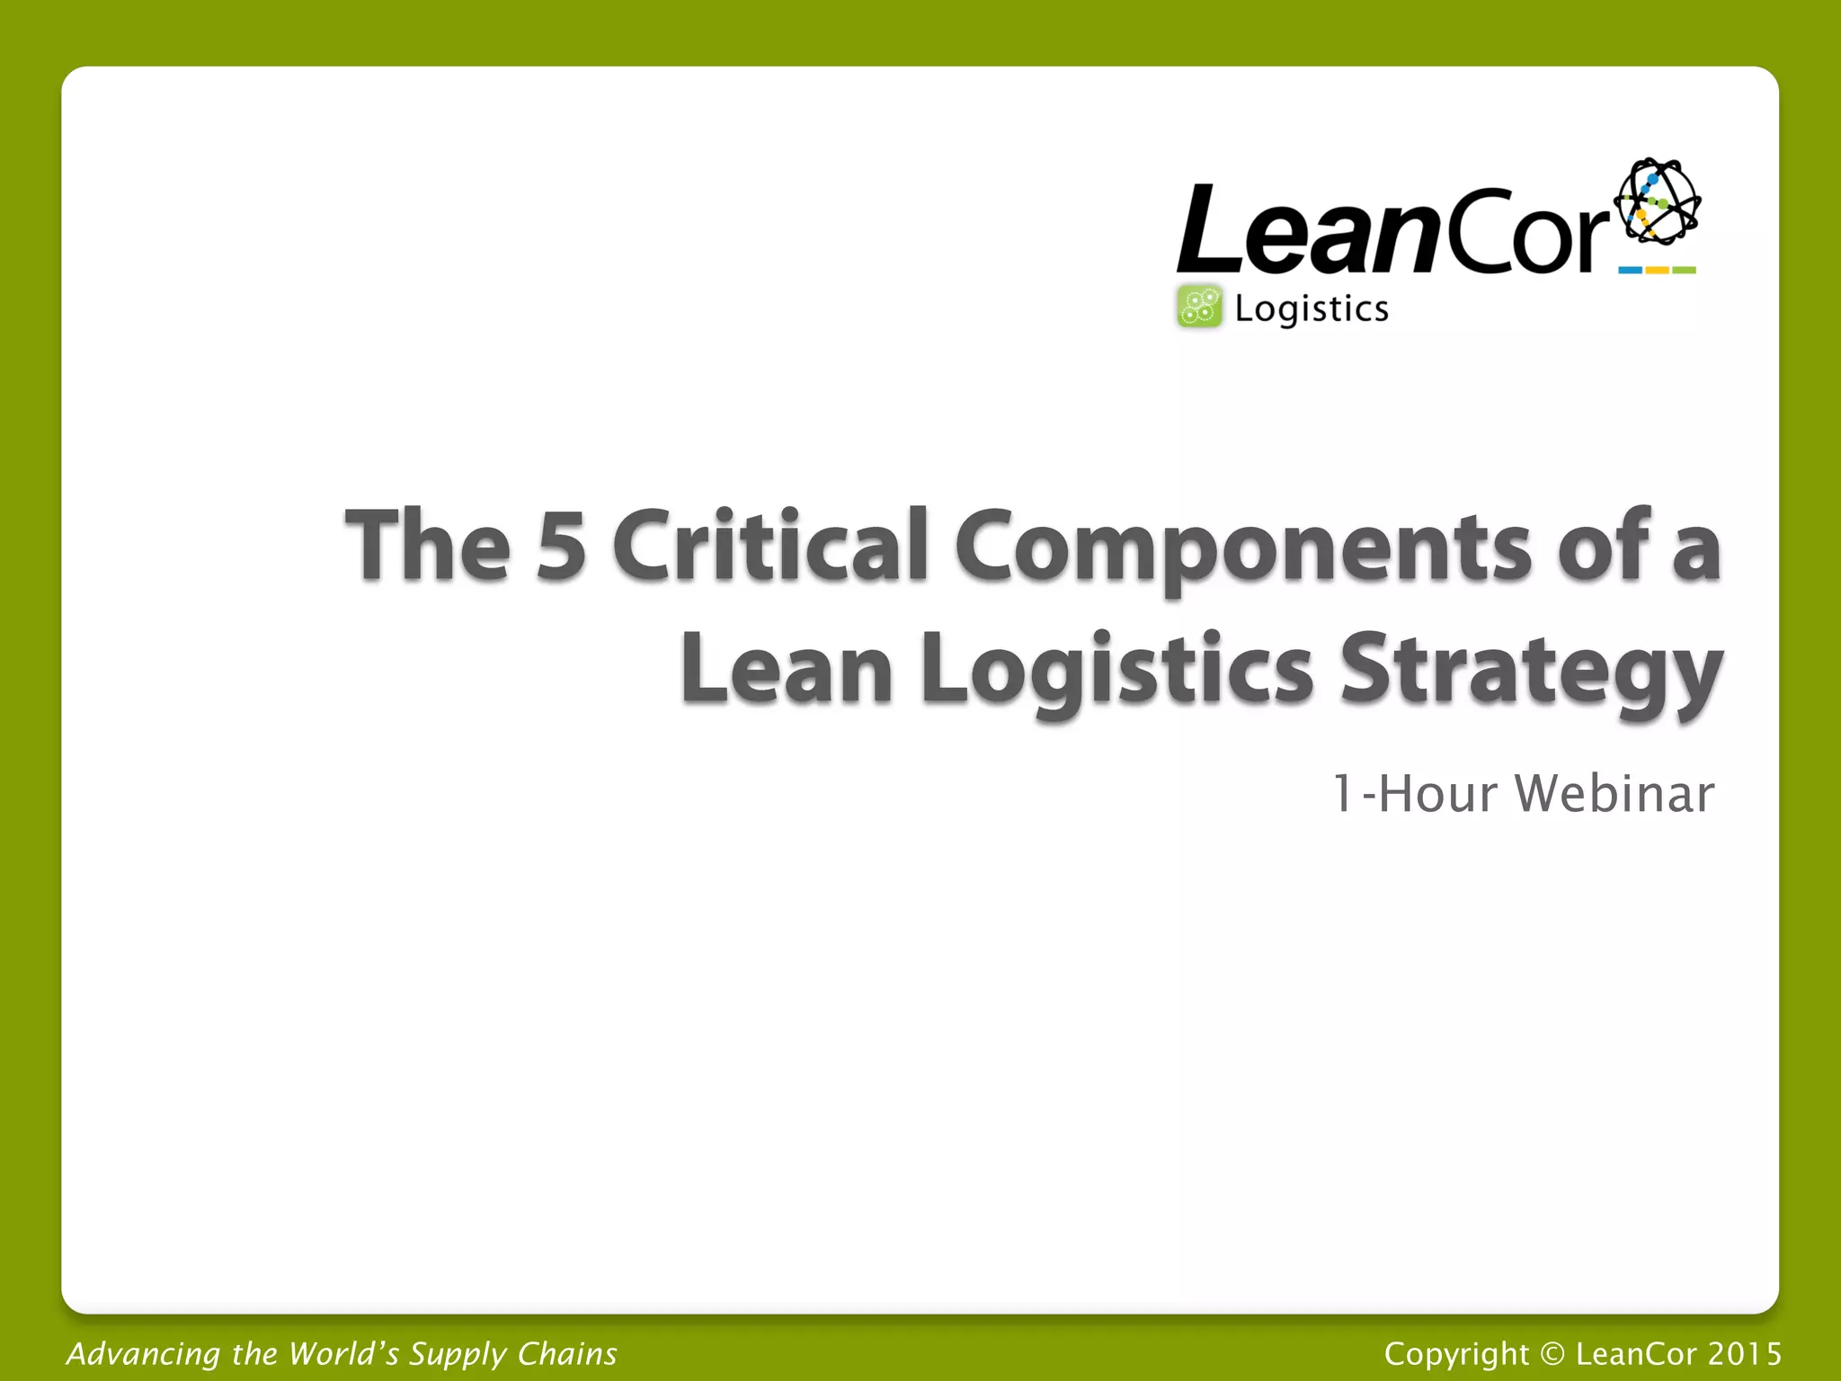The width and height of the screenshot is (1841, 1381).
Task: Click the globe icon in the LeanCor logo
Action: click(x=1657, y=202)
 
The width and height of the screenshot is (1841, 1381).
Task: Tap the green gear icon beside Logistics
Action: click(x=1199, y=307)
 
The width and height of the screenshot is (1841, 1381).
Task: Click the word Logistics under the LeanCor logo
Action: click(x=1312, y=309)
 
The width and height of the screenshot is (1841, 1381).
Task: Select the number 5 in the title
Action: click(x=561, y=545)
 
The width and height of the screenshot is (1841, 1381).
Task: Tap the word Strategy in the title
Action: click(x=1530, y=671)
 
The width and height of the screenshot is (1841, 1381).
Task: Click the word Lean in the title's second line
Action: click(x=787, y=669)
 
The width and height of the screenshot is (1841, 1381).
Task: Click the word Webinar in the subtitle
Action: click(x=1614, y=794)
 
